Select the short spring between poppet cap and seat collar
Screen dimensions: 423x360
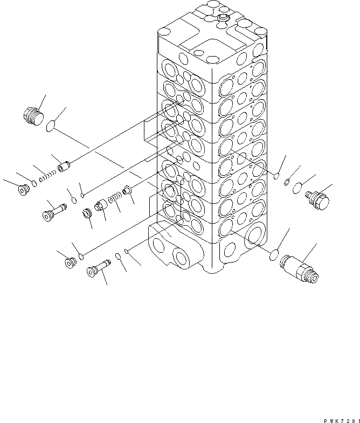(x=114, y=198)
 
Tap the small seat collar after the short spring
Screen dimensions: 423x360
(x=127, y=190)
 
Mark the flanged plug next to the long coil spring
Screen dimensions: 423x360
(x=23, y=191)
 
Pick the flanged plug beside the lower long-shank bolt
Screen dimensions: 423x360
(x=68, y=263)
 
